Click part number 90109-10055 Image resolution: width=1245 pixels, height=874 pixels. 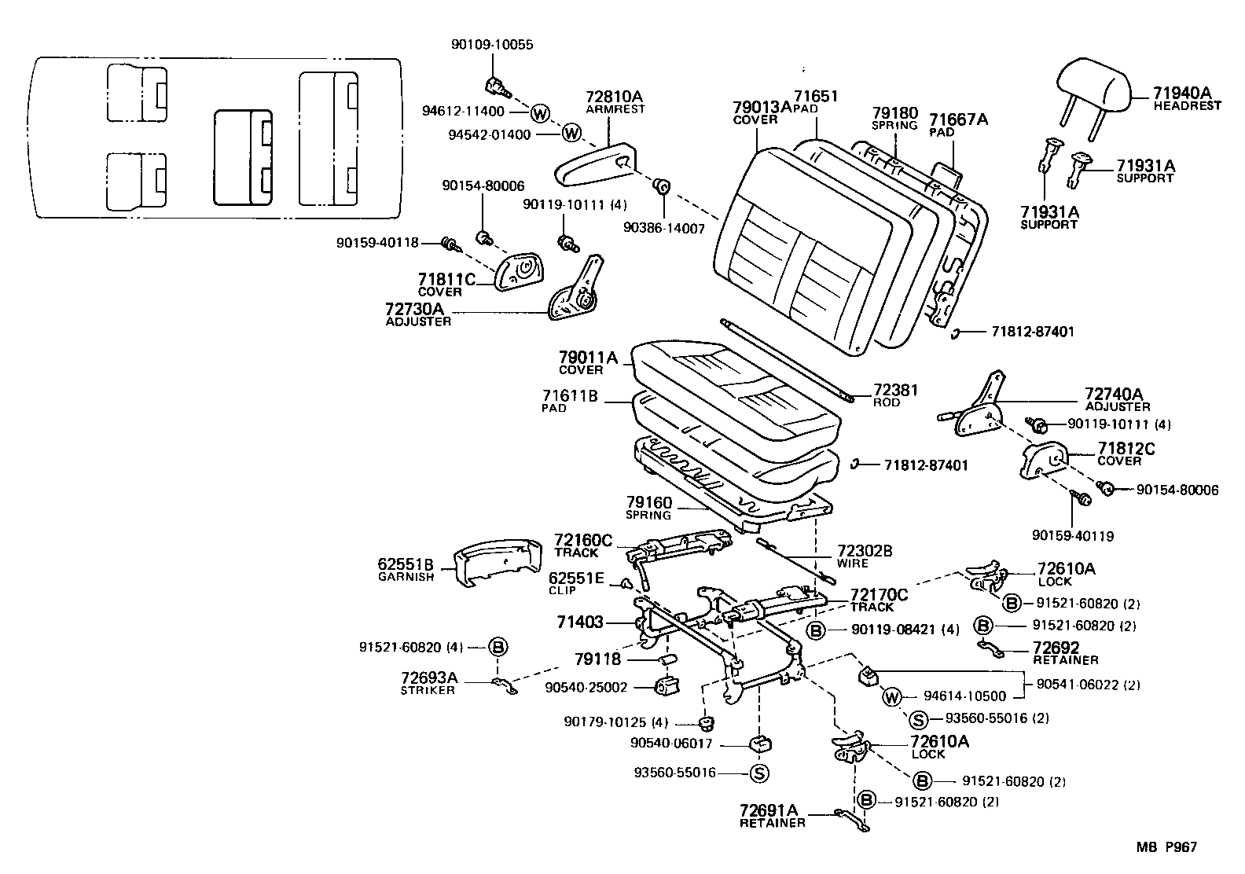(x=492, y=45)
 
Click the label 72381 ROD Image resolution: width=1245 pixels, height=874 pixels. (x=895, y=395)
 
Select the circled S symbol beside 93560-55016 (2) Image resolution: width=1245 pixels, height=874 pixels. (x=916, y=718)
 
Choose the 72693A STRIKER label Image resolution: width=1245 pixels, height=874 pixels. (x=428, y=683)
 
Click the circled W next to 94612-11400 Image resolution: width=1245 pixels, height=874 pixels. (x=539, y=112)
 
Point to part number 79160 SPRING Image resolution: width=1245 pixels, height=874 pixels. (x=649, y=508)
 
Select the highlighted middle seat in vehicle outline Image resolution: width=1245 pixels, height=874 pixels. (x=244, y=157)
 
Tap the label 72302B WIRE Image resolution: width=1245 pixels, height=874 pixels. (x=864, y=556)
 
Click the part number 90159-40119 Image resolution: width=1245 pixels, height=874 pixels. (x=1072, y=536)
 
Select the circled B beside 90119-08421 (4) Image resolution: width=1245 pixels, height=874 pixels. (x=816, y=630)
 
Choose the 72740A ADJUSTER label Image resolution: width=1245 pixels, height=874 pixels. (x=1117, y=398)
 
